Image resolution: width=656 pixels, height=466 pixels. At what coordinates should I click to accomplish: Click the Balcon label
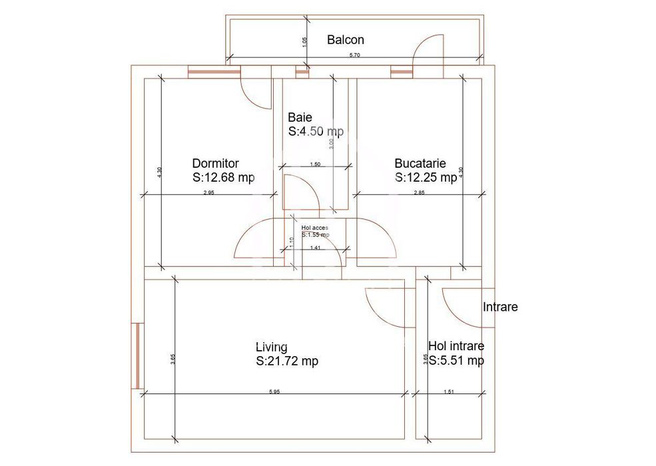pos(345,40)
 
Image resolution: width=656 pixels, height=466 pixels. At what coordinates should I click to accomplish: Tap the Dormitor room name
pos(215,163)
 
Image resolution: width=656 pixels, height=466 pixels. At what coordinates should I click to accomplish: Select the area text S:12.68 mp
pos(223,178)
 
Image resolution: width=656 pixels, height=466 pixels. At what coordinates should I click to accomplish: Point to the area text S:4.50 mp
pos(316,132)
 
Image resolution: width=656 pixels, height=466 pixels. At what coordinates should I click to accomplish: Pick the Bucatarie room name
pos(420,163)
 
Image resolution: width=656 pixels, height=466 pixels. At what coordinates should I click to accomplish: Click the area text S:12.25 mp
pos(426,178)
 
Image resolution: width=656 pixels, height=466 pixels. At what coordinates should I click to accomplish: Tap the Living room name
pos(272,347)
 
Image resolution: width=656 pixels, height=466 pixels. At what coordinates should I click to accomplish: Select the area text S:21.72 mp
pos(287,361)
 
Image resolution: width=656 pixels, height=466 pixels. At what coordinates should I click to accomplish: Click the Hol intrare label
pos(456,347)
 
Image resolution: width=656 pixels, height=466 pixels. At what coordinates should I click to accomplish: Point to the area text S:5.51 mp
pos(456,361)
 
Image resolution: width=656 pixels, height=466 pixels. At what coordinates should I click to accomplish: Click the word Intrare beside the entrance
pos(500,308)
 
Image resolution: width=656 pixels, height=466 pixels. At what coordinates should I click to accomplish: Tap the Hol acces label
pos(314,228)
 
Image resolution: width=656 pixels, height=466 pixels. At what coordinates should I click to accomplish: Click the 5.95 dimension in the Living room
pos(274,391)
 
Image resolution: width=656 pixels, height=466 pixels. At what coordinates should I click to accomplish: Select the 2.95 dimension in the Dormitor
pos(208,192)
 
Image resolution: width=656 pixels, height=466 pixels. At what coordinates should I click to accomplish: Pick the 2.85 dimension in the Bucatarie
pos(419,192)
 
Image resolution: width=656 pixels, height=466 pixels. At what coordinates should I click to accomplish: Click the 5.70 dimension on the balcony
pos(354,55)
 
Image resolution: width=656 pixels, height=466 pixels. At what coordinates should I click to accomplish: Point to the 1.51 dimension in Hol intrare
pos(449,391)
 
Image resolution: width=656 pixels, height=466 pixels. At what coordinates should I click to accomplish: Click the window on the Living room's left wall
pos(137,357)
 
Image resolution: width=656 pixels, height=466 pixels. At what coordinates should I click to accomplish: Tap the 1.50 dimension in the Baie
pos(316,164)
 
